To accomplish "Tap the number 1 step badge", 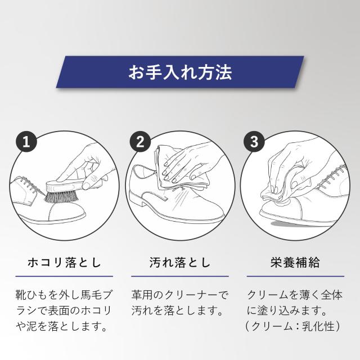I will click(26, 142).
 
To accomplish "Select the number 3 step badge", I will click(254, 142).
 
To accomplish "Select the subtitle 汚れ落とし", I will click(180, 262).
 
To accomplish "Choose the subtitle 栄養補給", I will click(295, 262).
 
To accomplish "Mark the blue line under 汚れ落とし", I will click(180, 276).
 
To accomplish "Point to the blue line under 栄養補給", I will click(295, 276).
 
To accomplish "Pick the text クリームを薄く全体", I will click(295, 295).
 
